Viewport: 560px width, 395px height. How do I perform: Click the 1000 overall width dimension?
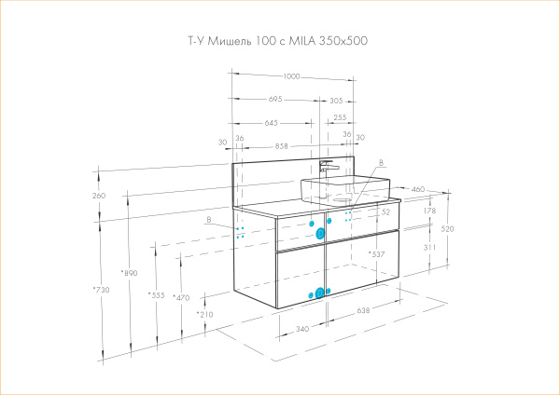coord(292,76)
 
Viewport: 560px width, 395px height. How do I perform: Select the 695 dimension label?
coord(275,99)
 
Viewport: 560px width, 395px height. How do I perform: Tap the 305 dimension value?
coord(335,99)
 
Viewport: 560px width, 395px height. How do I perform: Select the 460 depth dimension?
coord(418,189)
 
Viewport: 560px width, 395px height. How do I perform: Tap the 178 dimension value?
coord(429,211)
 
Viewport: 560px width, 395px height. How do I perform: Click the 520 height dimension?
coord(447,228)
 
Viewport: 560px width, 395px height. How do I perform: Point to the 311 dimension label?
coord(428,247)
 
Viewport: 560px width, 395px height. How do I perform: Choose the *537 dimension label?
coord(377,253)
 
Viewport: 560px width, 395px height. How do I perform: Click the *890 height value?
coord(129,272)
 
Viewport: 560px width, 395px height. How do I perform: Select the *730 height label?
coord(101,291)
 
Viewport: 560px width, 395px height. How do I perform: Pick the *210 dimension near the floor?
coord(204,315)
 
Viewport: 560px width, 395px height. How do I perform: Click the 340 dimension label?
coord(301,328)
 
